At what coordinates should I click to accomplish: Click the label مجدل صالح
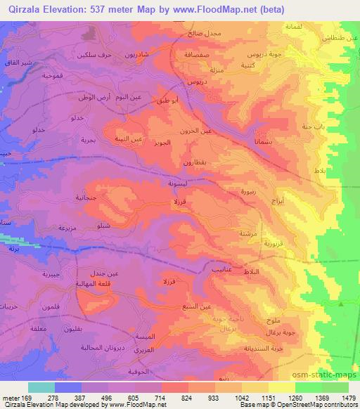coord(205,33)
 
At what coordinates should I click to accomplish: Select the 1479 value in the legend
coord(348,398)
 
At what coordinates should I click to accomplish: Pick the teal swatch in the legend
coord(41,387)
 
